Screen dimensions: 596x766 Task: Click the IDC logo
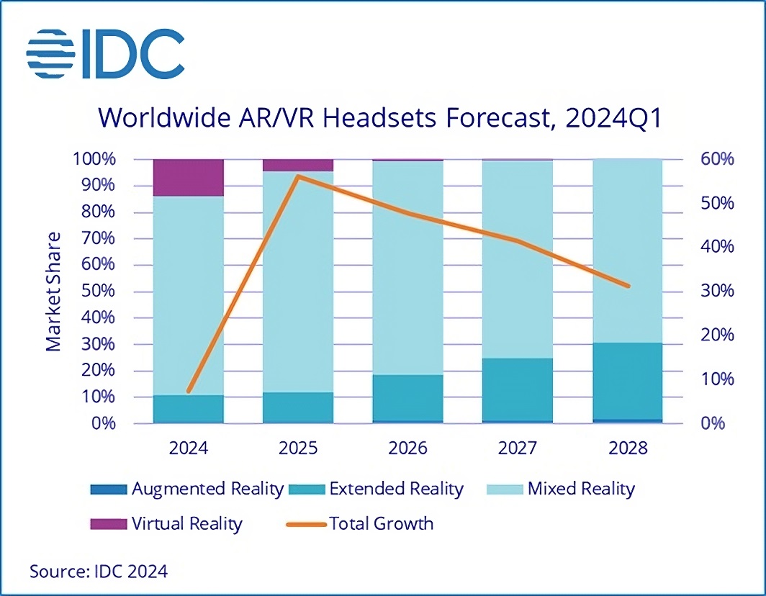point(105,54)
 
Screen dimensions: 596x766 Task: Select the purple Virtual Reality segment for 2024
point(189,177)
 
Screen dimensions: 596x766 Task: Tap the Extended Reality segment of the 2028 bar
point(627,381)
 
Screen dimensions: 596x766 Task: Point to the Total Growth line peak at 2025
point(298,176)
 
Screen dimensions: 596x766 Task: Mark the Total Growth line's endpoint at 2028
point(628,286)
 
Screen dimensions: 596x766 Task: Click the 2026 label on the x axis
point(407,448)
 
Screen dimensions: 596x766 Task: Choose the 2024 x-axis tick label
point(189,448)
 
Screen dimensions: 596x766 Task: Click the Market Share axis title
point(54,292)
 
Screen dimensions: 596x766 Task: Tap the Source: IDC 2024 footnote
point(99,572)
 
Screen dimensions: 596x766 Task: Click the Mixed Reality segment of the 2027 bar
point(518,259)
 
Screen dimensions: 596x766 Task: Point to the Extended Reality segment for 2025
point(298,407)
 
